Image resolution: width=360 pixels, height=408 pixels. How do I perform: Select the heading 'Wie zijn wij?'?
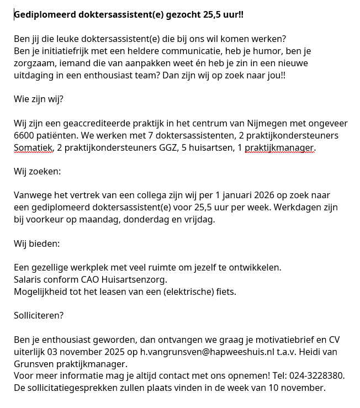coord(39,99)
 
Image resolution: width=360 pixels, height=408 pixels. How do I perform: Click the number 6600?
coord(24,136)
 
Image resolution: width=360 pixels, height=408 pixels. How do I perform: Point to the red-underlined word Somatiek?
coord(33,148)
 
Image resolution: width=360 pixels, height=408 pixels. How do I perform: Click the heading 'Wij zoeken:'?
coord(37,172)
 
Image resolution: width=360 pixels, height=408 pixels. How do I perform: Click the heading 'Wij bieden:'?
coord(36,244)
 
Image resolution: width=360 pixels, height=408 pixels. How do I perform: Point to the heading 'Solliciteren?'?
coord(39,316)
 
